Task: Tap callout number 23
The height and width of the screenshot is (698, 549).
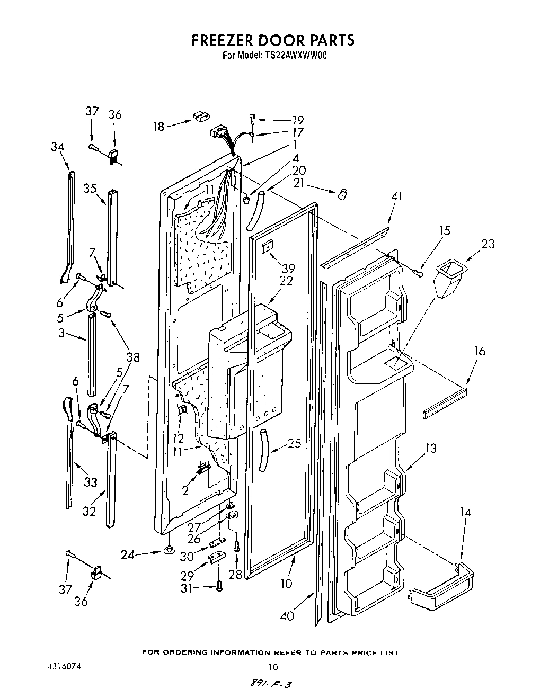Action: click(x=488, y=244)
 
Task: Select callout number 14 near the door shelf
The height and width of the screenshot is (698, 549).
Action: click(x=465, y=512)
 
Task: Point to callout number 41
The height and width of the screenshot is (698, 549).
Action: click(x=396, y=196)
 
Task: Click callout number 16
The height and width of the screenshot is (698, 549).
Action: click(x=480, y=351)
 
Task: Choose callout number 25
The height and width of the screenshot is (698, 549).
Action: click(x=294, y=443)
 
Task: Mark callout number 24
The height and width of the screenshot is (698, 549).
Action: click(x=127, y=554)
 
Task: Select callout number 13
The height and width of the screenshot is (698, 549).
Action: click(x=430, y=449)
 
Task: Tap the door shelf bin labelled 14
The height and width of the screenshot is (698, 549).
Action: click(x=442, y=585)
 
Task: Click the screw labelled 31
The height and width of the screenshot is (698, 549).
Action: click(x=218, y=586)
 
